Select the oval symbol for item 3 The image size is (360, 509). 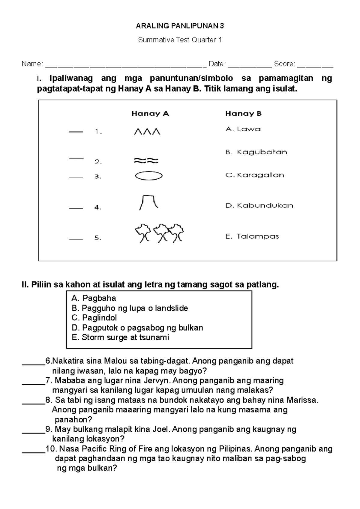(149, 176)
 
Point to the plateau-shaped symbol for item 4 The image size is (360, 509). (148, 202)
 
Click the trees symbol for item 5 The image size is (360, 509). (159, 233)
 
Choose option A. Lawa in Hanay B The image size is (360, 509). (243, 129)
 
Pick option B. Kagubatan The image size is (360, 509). (256, 152)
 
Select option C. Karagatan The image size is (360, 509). (255, 175)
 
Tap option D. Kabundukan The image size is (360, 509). (259, 206)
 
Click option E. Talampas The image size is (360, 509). (252, 237)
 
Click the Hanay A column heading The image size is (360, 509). (150, 114)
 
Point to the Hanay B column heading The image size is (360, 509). (243, 114)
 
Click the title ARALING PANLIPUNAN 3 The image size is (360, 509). (180, 26)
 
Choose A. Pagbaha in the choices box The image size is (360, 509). (94, 298)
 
